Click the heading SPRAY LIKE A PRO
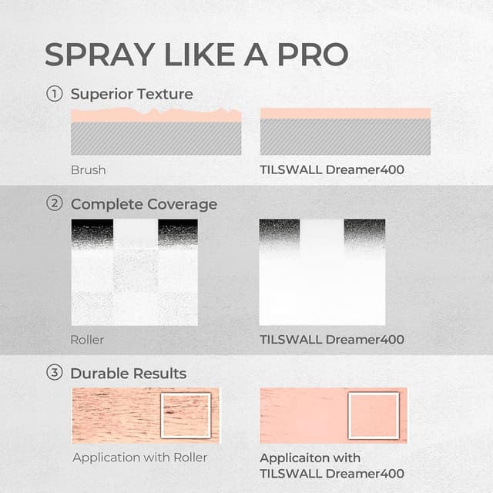tap(196, 54)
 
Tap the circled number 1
tap(54, 94)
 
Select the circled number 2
tap(54, 204)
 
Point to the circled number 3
tap(54, 374)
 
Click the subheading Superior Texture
tap(132, 94)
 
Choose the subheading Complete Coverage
tap(143, 204)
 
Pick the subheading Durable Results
tap(128, 374)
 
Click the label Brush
tap(88, 169)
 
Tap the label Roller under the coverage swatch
tap(87, 339)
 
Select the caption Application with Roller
tap(139, 458)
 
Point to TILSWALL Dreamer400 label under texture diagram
tap(332, 169)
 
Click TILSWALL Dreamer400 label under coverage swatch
tap(332, 339)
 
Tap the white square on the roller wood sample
tap(186, 416)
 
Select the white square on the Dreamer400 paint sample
tap(374, 416)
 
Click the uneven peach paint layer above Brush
tap(154, 116)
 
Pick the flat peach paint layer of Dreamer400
tap(345, 114)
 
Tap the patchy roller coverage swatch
tap(134, 272)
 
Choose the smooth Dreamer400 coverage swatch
tap(322, 272)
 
